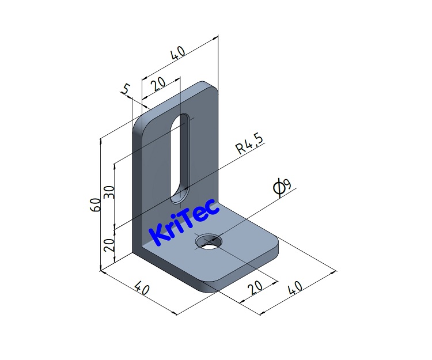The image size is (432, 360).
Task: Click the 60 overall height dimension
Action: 95,204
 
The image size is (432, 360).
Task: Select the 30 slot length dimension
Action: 109,192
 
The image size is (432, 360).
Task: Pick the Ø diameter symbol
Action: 278,188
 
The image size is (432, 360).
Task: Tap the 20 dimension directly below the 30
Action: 109,245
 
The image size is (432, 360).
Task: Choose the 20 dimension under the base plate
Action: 255,287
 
